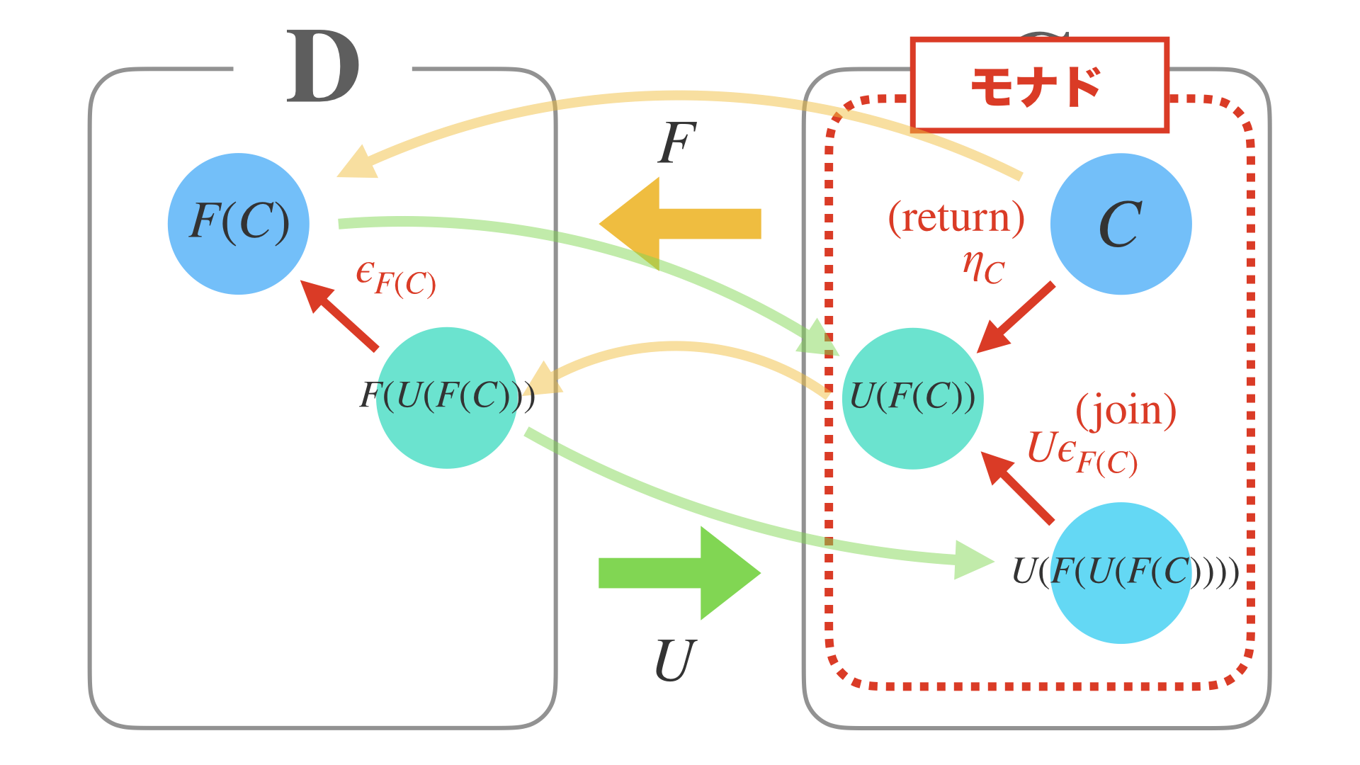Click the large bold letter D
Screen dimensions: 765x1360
(323, 67)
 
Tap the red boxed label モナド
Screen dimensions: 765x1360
(1038, 86)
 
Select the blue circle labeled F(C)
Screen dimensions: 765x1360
(239, 224)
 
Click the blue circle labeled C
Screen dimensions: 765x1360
(1121, 224)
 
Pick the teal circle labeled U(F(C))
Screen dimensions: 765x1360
(912, 398)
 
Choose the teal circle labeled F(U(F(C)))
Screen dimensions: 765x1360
(447, 398)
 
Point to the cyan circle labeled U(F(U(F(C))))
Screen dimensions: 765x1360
(1121, 573)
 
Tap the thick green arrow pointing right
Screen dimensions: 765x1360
(680, 573)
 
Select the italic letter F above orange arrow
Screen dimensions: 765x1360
(676, 144)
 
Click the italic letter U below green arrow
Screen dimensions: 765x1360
(674, 661)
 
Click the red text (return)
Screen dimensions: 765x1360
(956, 218)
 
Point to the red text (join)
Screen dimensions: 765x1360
(1126, 411)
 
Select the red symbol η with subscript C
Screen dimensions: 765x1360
(983, 266)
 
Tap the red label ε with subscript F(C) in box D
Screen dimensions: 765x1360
(395, 278)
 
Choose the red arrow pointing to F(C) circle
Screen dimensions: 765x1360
(339, 314)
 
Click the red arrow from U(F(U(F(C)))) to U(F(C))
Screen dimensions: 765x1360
(1017, 487)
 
